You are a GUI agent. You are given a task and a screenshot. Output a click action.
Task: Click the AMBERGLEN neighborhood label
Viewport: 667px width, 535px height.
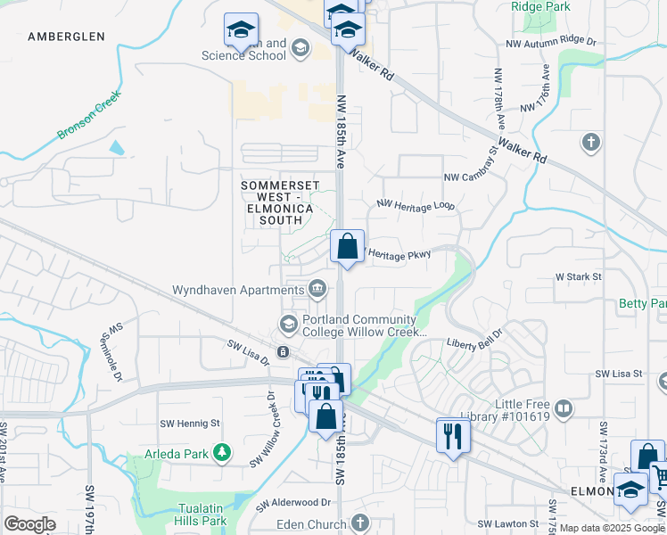point(66,37)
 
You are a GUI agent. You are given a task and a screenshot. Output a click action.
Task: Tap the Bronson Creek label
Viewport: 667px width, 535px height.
point(89,115)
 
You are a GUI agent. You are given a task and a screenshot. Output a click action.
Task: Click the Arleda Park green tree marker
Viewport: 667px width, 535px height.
point(222,454)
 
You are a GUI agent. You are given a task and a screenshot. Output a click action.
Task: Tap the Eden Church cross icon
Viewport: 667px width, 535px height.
point(359,522)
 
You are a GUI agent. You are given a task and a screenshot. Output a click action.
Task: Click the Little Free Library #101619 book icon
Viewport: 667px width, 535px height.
point(563,409)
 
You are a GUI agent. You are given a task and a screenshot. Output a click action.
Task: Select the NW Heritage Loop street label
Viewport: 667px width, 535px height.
point(416,206)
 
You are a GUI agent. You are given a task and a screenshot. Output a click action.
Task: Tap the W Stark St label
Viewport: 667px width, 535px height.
point(579,277)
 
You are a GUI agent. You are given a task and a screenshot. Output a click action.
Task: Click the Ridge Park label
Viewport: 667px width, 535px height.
point(539,5)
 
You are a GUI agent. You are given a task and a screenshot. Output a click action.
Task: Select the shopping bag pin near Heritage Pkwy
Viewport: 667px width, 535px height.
point(347,246)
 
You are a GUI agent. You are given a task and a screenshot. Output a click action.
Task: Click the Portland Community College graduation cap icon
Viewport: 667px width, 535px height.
point(288,324)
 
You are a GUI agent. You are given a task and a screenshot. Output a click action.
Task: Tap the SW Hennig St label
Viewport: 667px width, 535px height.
point(189,424)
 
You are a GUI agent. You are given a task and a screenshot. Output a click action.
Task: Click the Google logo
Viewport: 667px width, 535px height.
point(29,524)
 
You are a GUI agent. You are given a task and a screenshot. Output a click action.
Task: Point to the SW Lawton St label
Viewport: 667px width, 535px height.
point(507,523)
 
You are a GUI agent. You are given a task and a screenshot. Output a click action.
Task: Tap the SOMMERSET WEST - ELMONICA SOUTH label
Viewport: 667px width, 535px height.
point(277,202)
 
